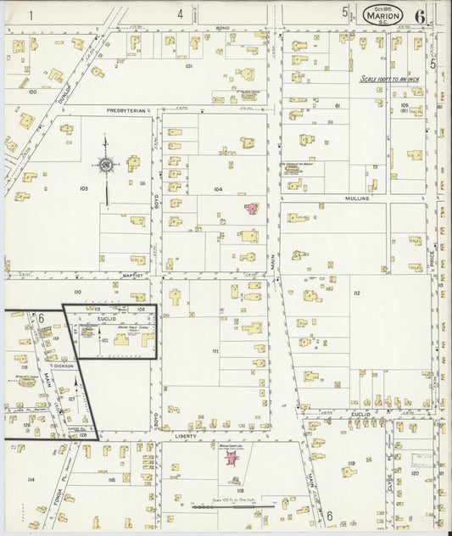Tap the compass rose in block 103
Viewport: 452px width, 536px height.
click(x=107, y=165)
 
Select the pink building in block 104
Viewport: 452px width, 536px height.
click(x=252, y=208)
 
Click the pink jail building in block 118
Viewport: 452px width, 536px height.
click(x=229, y=458)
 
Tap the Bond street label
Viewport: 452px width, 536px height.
click(x=222, y=28)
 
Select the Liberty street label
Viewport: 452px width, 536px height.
click(x=187, y=437)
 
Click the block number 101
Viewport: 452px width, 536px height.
click(x=188, y=65)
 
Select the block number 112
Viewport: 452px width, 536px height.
click(x=357, y=293)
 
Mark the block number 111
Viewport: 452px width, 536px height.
click(x=215, y=350)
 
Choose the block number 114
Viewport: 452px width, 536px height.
click(x=31, y=479)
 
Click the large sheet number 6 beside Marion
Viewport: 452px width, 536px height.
click(x=420, y=14)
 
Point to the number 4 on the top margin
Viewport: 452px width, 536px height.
click(x=180, y=14)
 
